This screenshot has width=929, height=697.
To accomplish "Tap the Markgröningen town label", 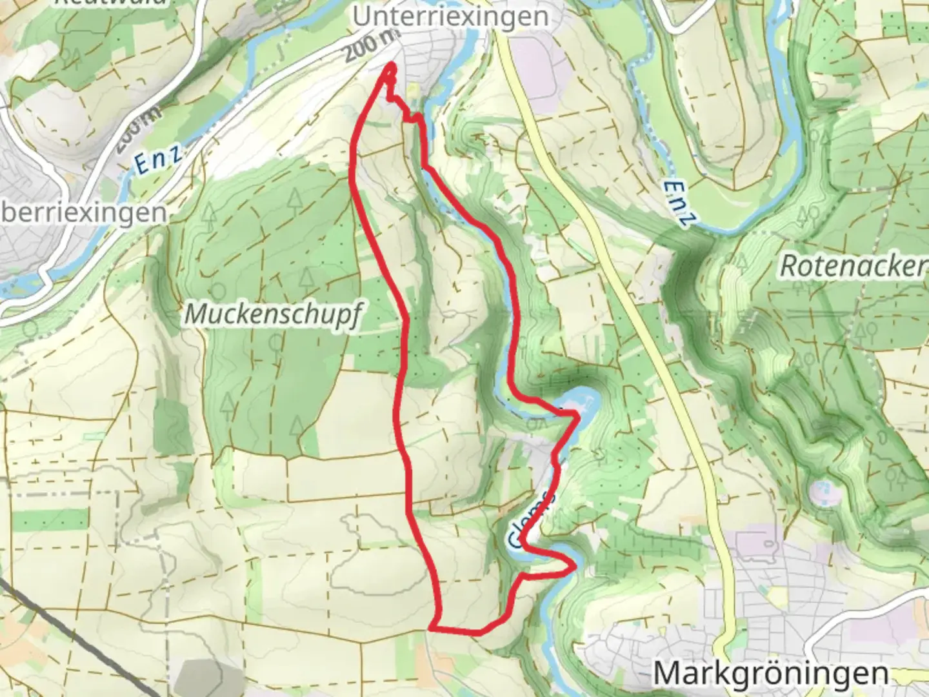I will [770, 673].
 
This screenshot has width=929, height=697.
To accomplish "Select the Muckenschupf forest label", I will [272, 314].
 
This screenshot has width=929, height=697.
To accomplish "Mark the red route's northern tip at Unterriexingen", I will [390, 65].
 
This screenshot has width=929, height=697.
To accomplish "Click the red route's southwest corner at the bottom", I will [432, 626].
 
